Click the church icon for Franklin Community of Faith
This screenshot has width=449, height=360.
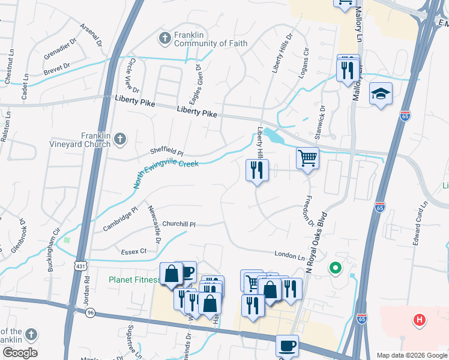pos(164,38)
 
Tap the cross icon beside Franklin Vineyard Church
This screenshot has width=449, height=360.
pos(120,139)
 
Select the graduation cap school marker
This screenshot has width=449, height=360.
pos(381,94)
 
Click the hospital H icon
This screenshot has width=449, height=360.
pos(420,320)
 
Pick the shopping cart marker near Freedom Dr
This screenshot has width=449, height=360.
pos(307,159)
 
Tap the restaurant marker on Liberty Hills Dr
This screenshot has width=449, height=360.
pos(257,170)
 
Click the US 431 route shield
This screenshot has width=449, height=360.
pos(80,265)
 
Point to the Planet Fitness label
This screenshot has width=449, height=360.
pos(133,280)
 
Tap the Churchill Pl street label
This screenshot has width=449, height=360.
pos(179,224)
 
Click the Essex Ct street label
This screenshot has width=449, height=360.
pos(134,251)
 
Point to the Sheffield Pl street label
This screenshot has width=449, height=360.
pos(166,153)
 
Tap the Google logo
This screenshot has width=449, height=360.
pos(19,353)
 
